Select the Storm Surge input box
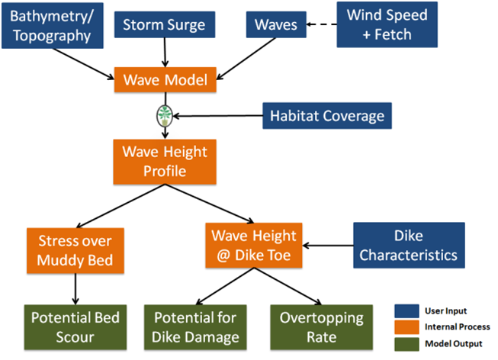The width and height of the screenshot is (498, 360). (x=165, y=24)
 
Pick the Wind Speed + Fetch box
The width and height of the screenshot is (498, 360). (x=387, y=24)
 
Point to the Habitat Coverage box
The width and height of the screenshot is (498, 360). (x=327, y=116)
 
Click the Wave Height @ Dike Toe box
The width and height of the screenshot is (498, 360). (x=254, y=245)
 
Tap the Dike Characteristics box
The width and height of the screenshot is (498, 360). (x=408, y=245)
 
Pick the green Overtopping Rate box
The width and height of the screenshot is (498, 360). (x=321, y=326)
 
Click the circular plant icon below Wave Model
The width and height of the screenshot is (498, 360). (x=165, y=116)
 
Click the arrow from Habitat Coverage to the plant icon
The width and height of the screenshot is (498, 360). (x=217, y=116)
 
